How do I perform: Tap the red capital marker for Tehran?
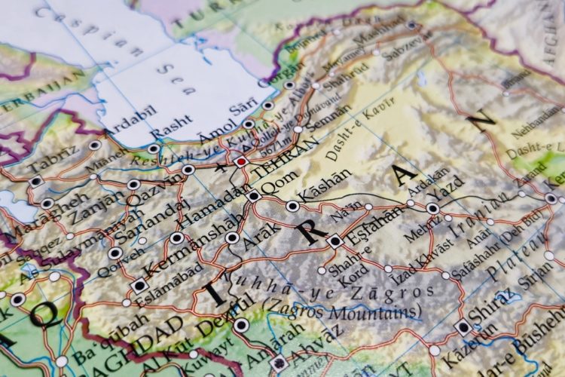pyautogui.click(x=241, y=161)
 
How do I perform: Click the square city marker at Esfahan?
pyautogui.click(x=335, y=241)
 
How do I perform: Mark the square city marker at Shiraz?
pyautogui.click(x=463, y=326)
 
